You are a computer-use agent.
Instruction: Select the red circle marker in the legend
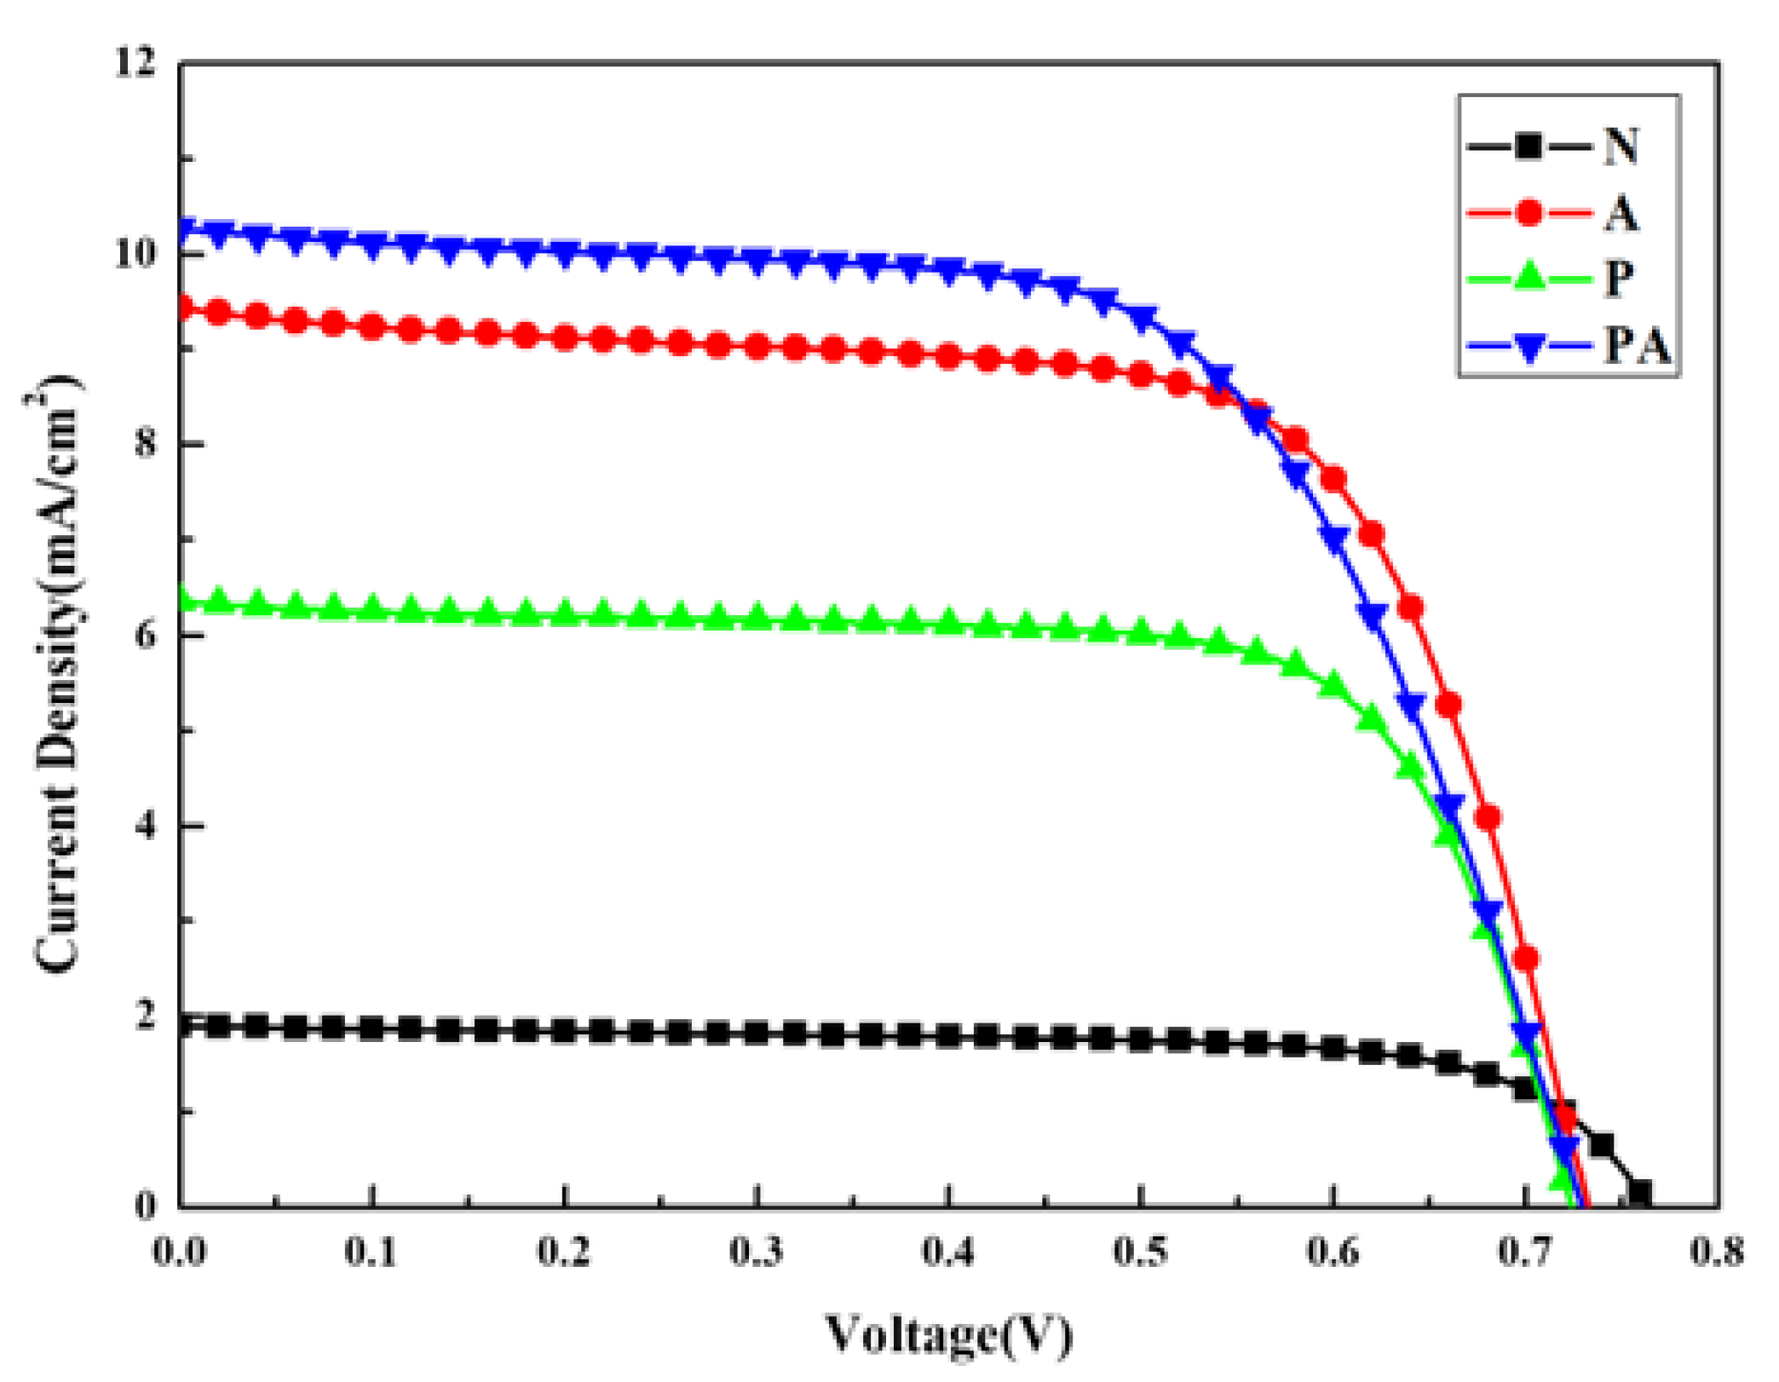(1529, 211)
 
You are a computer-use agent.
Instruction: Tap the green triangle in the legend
(1529, 276)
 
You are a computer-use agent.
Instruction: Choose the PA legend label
(1637, 345)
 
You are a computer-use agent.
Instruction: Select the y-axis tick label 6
(146, 635)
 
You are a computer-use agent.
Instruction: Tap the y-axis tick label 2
(146, 1015)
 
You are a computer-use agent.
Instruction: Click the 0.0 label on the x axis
(180, 1252)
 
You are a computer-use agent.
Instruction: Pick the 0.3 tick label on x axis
(757, 1252)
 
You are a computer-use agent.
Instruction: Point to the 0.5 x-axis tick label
(1141, 1252)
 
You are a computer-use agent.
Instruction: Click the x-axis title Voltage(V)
(948, 1333)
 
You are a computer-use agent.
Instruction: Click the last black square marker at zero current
(1639, 1192)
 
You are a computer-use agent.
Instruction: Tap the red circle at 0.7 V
(1526, 959)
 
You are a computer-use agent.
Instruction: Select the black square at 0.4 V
(948, 1036)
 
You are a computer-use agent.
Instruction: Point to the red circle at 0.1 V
(372, 325)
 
